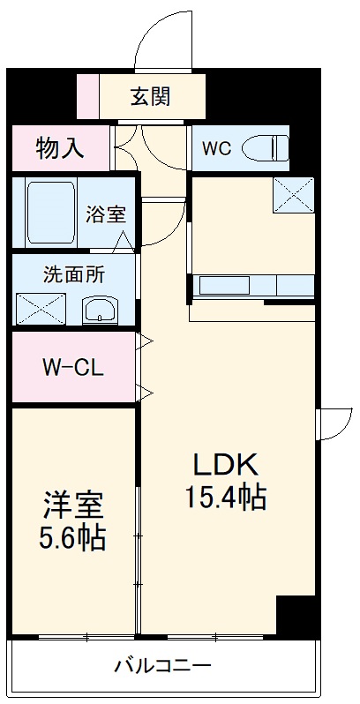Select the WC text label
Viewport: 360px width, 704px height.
click(217, 148)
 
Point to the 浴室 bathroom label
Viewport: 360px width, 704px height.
click(105, 214)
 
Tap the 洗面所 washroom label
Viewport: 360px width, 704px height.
click(73, 274)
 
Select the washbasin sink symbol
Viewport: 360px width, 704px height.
click(99, 310)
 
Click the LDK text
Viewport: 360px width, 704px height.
click(225, 465)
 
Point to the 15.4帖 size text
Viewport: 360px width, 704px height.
click(225, 498)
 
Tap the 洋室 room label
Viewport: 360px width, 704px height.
click(74, 505)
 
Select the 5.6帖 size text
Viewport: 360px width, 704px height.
click(74, 537)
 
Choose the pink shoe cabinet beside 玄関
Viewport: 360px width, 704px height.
click(88, 96)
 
